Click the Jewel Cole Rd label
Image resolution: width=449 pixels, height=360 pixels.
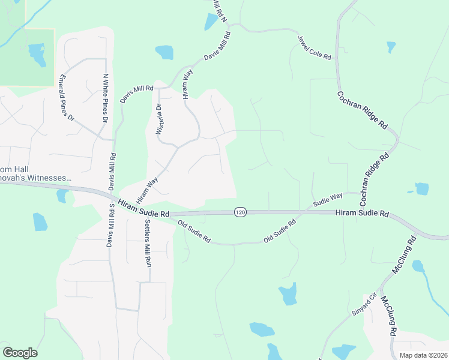pyautogui.click(x=315, y=48)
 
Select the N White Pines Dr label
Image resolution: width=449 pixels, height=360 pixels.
pyautogui.click(x=105, y=99)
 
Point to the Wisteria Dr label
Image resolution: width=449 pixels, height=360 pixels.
pyautogui.click(x=159, y=120)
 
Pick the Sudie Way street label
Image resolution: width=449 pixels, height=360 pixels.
pyautogui.click(x=327, y=199)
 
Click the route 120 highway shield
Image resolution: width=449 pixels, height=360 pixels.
pyautogui.click(x=240, y=212)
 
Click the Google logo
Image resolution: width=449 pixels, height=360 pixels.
pyautogui.click(x=20, y=353)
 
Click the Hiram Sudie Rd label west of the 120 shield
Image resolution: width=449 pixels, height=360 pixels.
pyautogui.click(x=143, y=209)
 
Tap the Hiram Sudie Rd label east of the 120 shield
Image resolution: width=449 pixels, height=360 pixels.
pyautogui.click(x=362, y=213)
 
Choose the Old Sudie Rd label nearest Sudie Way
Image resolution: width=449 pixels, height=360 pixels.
pyautogui.click(x=280, y=232)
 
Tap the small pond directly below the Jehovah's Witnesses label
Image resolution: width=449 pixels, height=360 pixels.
pyautogui.click(x=62, y=196)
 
